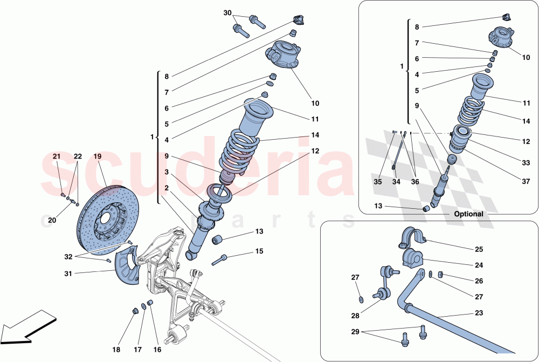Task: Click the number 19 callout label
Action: coord(97,156)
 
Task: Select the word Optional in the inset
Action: coord(468,214)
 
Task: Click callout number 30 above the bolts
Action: coord(227,12)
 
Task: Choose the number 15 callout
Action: coord(259,251)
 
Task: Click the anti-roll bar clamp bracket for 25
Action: coord(412,237)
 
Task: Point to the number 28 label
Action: coord(355,316)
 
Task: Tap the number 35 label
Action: coord(377,182)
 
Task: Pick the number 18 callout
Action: coord(116,350)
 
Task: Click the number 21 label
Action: coord(57,156)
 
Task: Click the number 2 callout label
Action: coord(167,188)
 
